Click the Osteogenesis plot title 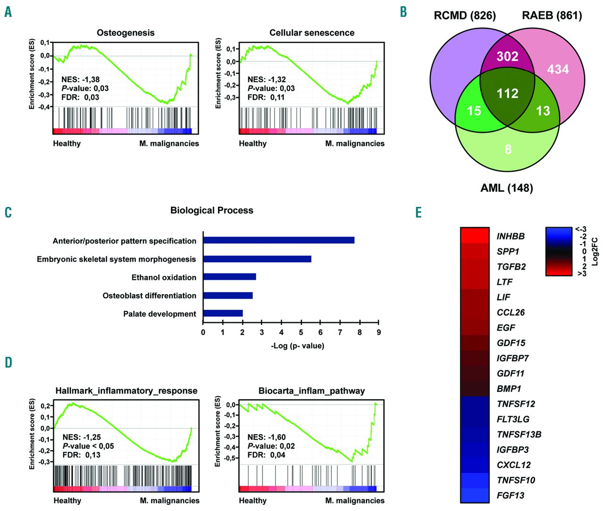tap(125, 33)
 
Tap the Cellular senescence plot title tap(312, 33)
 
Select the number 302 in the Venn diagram tap(507, 57)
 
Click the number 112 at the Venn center tap(507, 93)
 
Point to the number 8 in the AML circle tap(508, 149)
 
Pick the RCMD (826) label tap(464, 16)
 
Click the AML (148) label tap(506, 188)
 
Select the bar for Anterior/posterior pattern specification tap(278, 240)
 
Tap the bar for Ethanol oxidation tap(229, 277)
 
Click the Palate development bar tap(223, 313)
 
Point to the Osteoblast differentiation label tap(149, 296)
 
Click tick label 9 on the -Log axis tap(378, 332)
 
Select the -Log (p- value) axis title tap(297, 346)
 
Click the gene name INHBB tap(510, 236)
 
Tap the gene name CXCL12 tap(513, 465)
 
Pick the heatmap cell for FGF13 tap(474, 495)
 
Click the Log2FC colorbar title tap(595, 251)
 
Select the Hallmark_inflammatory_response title tap(126, 391)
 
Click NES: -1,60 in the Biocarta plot tap(266, 437)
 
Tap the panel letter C tap(8, 213)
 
